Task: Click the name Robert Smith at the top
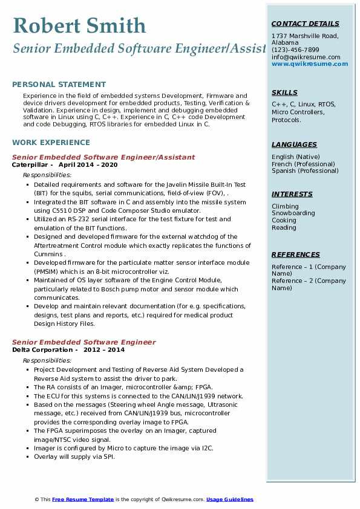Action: pyautogui.click(x=79, y=25)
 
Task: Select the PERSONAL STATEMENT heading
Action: pyautogui.click(x=59, y=85)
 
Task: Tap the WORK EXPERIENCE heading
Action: pyautogui.click(x=51, y=143)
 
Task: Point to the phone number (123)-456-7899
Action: pyautogui.click(x=295, y=50)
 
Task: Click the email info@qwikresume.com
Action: pyautogui.click(x=306, y=57)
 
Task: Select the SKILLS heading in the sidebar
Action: pyautogui.click(x=284, y=92)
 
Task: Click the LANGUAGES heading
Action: pyautogui.click(x=294, y=144)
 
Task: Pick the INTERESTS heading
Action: pyautogui.click(x=292, y=194)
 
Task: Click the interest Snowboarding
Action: pyautogui.click(x=293, y=213)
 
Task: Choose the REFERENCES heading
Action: pyautogui.click(x=295, y=254)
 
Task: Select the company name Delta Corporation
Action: pyautogui.click(x=42, y=349)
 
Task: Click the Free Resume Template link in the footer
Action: pyautogui.click(x=83, y=499)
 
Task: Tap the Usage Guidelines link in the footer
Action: pyautogui.click(x=229, y=499)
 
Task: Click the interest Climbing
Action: pyautogui.click(x=285, y=206)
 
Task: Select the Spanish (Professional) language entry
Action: pyautogui.click(x=306, y=171)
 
